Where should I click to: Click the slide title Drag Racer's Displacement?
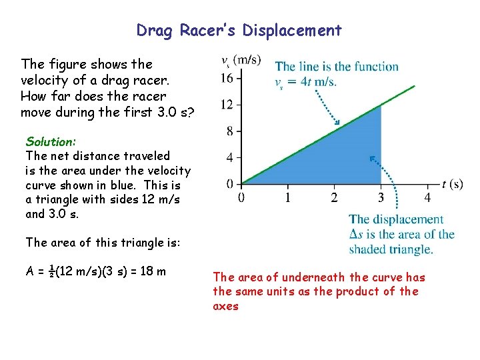tap(239, 31)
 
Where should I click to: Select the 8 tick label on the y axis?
tap(229, 131)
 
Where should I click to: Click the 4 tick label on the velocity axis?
tap(229, 157)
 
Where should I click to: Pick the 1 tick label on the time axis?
tap(287, 197)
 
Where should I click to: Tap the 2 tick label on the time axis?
tap(334, 197)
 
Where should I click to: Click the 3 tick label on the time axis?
tap(381, 197)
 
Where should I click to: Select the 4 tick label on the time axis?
tap(427, 197)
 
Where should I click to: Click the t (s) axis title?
tap(452, 184)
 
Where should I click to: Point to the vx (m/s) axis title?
tap(241, 61)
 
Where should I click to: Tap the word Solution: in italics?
tap(51, 141)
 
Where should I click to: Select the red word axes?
tap(225, 306)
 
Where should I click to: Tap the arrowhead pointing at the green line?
tap(337, 123)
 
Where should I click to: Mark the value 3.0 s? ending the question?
tap(173, 112)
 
